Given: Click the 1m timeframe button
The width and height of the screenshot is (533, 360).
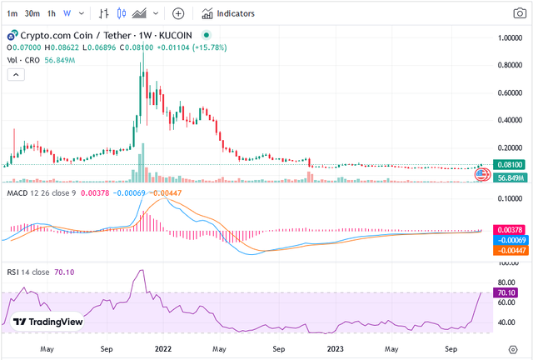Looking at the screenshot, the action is coord(12,13).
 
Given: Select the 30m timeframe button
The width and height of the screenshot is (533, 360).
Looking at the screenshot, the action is coord(32,13).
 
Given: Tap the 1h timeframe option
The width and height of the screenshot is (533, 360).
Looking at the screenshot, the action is coord(52,13).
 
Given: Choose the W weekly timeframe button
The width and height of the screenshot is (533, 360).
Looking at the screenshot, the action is coord(67,13).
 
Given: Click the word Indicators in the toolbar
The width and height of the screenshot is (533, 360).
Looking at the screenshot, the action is coord(236,13).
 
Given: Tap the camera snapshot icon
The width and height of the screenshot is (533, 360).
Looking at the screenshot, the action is coord(520,13).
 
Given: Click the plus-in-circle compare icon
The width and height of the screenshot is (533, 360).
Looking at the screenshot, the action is coord(178,13).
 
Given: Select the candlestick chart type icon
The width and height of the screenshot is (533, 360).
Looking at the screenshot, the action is coord(122,13).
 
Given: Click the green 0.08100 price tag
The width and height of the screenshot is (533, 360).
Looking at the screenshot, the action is coord(510,165).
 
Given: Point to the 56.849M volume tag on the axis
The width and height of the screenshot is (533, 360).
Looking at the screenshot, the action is coord(510,177).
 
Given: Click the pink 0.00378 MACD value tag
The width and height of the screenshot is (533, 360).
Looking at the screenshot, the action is coord(510,230).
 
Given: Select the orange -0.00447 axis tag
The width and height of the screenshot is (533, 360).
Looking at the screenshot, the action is coord(510,251).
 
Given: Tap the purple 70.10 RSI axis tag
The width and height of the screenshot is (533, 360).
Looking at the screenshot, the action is coord(506,293).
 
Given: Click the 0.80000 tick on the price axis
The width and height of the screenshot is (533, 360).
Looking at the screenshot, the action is coord(510,65).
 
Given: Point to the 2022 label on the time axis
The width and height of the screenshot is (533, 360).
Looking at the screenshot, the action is coord(163,349).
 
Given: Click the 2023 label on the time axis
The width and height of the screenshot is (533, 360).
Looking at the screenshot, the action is coord(335,349).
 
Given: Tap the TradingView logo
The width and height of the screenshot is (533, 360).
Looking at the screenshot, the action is coord(47,322).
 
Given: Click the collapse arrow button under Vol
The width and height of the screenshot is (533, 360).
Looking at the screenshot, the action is coord(16,74).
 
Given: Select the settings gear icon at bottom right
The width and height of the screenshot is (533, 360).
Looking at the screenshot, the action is coord(513,350).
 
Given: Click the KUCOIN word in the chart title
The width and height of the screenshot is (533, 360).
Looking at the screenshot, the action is coord(176,35).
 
